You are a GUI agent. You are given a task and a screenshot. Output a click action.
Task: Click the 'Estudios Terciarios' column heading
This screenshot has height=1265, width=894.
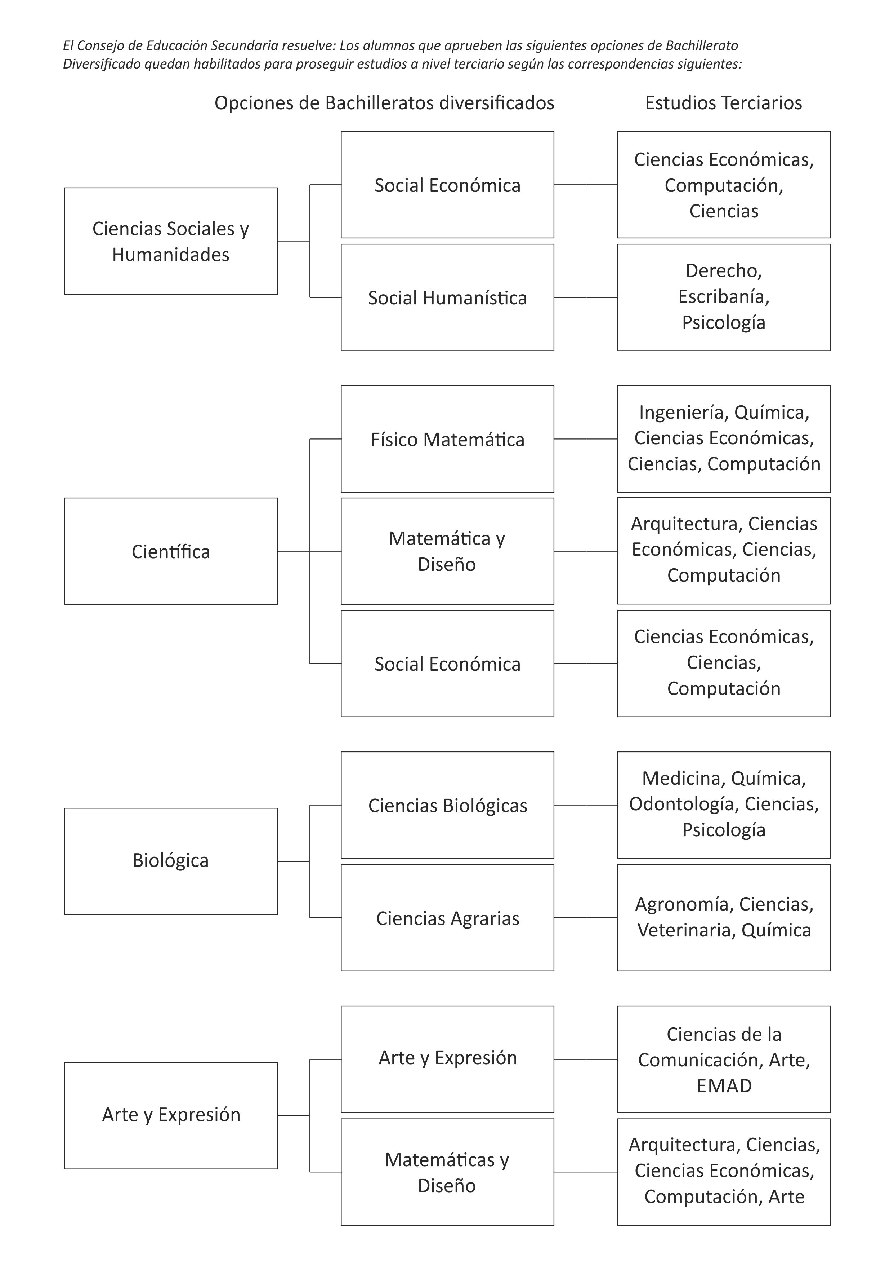point(723,103)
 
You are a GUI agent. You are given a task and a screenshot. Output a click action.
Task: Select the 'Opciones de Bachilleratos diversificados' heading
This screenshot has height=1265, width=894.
point(384,103)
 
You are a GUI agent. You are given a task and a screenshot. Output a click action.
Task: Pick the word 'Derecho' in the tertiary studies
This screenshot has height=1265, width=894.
point(722,270)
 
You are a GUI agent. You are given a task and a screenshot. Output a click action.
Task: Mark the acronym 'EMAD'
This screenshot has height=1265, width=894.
point(724,1085)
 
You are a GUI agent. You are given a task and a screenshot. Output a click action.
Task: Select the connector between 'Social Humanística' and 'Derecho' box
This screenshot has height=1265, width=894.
point(586,297)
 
